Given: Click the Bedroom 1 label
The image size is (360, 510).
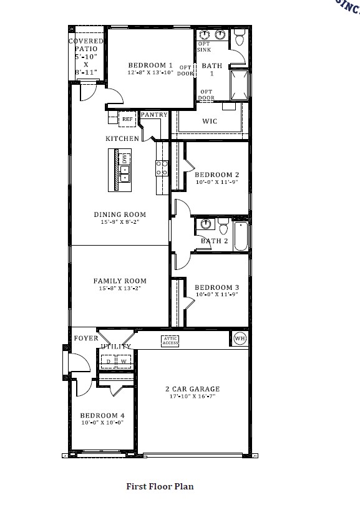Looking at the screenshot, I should coord(150,65).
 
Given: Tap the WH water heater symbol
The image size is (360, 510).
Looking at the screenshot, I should coord(240,339).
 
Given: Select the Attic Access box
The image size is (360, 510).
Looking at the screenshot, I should coord(170,340).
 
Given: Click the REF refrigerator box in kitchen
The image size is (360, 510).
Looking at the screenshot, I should coord(127,118).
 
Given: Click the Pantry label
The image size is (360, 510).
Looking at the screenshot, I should coord(153,115).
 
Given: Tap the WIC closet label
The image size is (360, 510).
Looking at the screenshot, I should coord(210,121).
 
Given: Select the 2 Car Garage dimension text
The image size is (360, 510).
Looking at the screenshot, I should coord(192,397).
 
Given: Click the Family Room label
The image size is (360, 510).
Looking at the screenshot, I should coord(120,281).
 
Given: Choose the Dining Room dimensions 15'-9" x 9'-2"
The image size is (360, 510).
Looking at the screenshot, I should coord(120,222).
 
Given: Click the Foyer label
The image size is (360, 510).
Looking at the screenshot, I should coord(85,339).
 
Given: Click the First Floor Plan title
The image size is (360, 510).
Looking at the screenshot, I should coord(160,486).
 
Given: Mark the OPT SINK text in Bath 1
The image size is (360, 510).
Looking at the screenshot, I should coord(204,46).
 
